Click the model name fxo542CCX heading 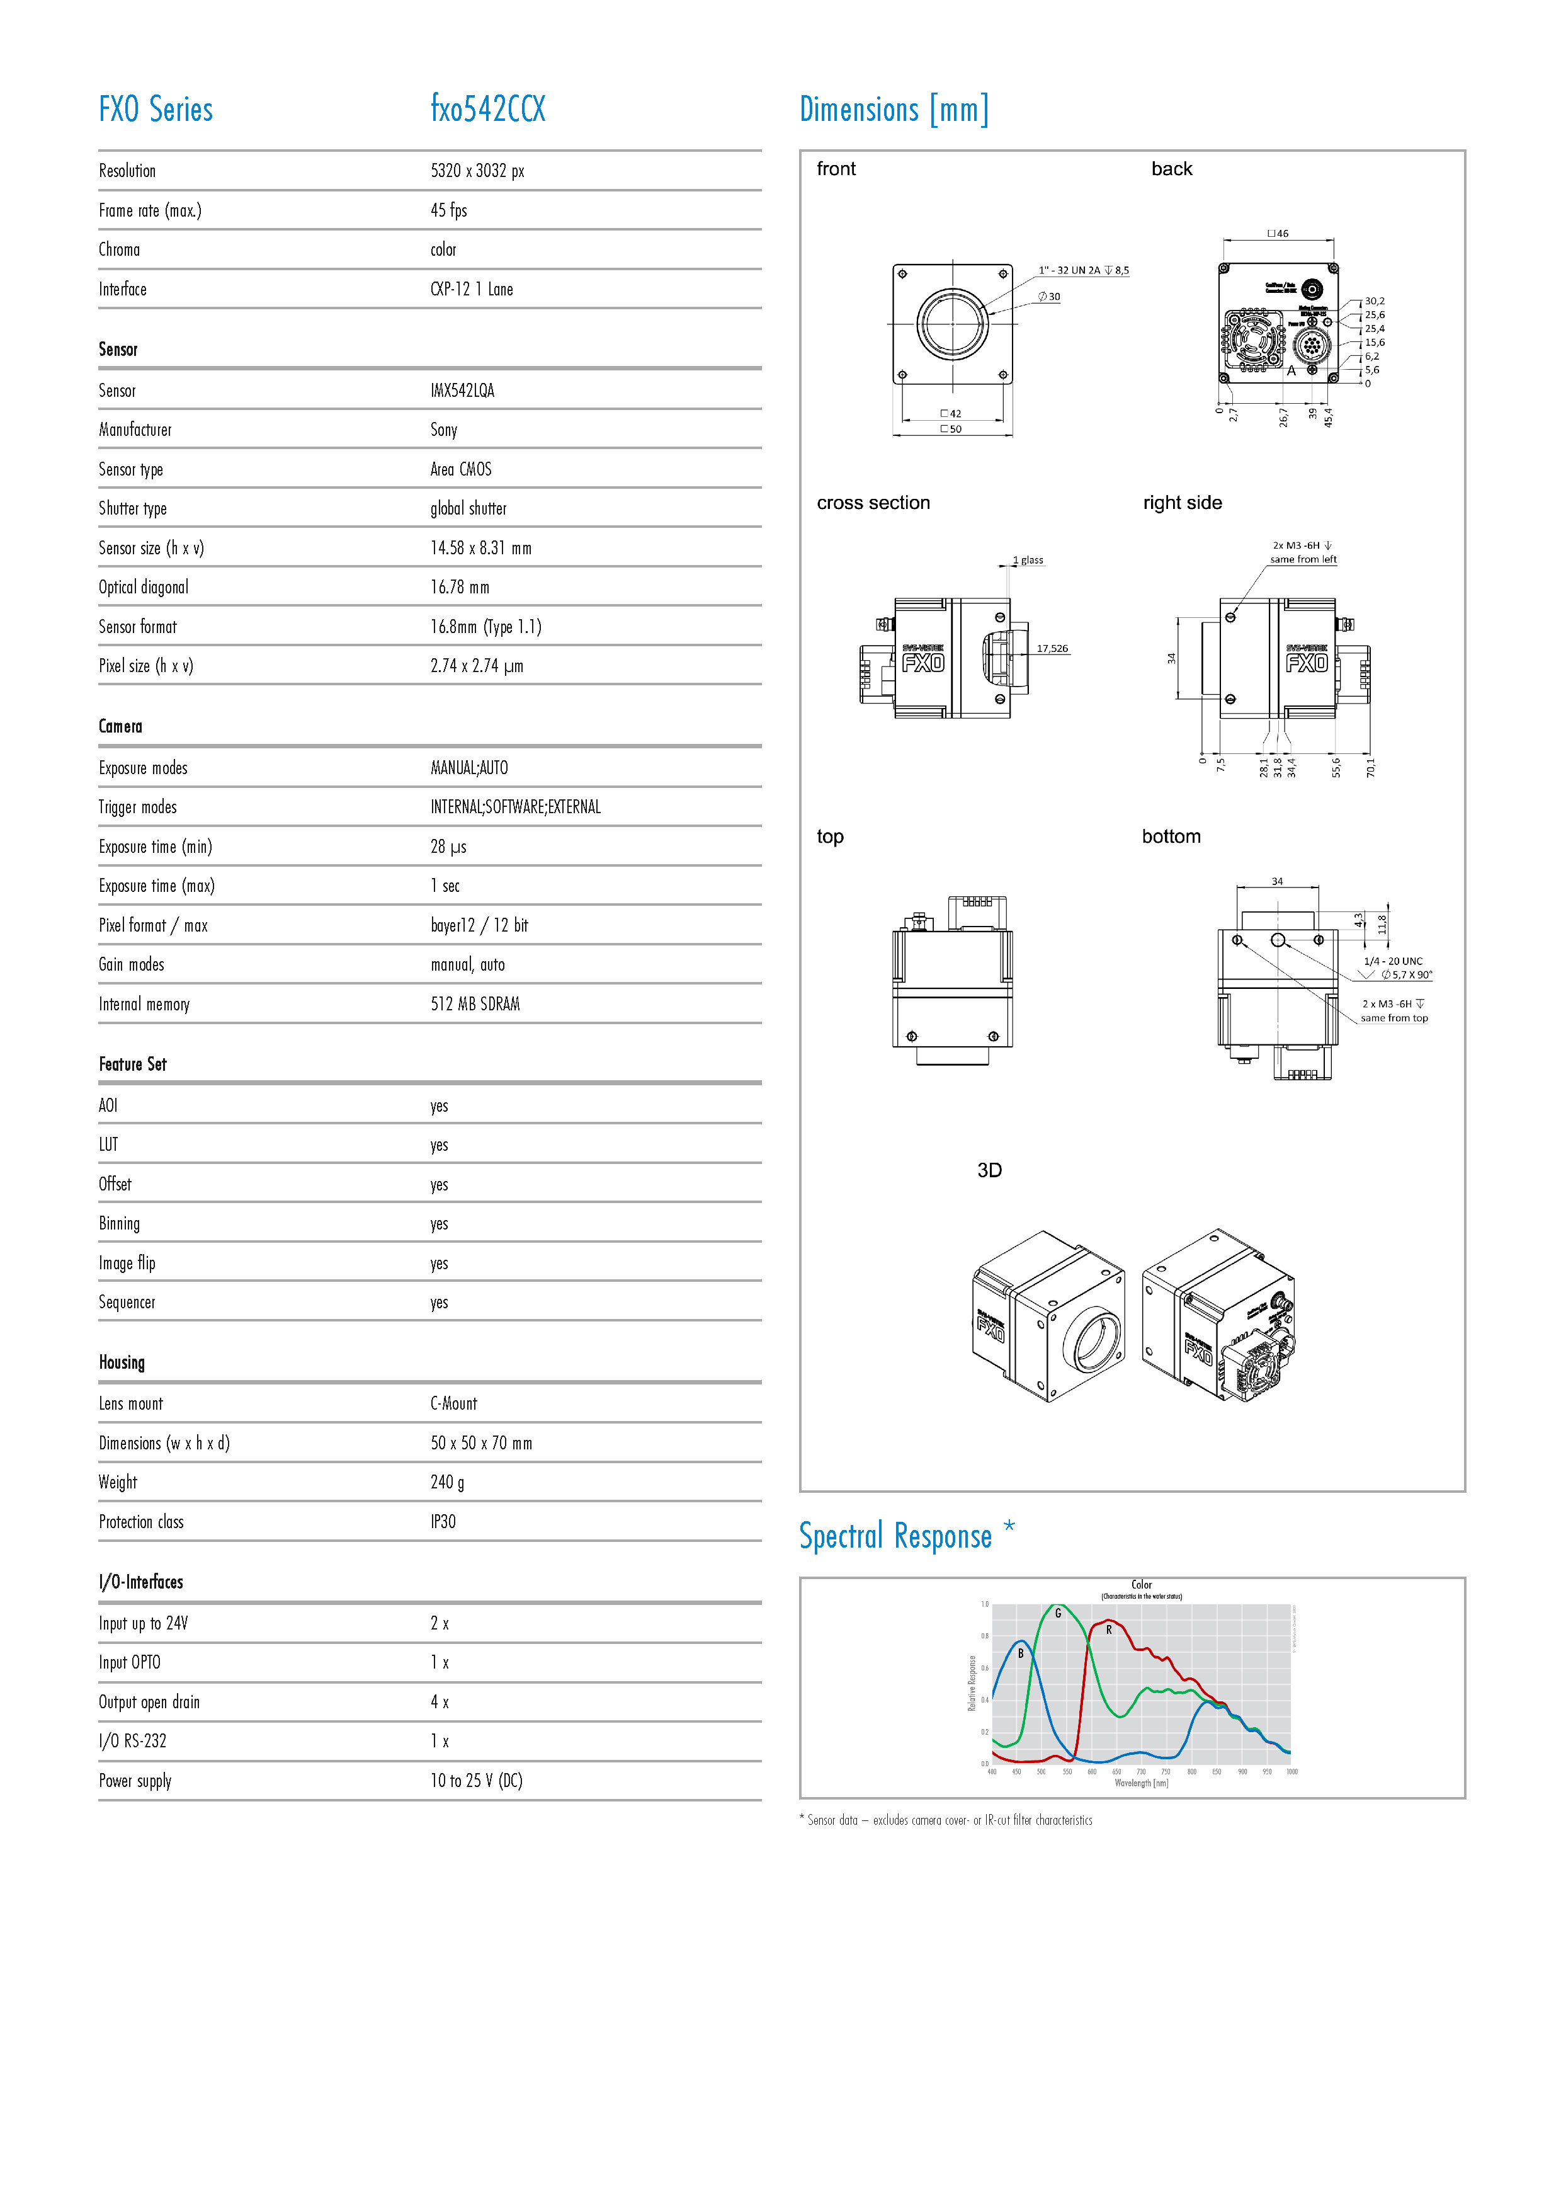point(487,109)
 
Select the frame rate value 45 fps point(448,210)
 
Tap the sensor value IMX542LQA point(462,390)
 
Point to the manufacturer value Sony point(443,429)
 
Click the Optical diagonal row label point(144,587)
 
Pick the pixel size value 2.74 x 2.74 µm point(476,666)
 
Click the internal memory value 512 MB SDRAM point(475,1003)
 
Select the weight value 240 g point(447,1481)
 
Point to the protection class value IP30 point(443,1521)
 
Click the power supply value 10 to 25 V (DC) point(476,1780)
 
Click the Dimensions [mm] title point(894,110)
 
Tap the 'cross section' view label point(872,502)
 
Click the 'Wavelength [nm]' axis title point(1141,1783)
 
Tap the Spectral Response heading point(894,1536)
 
